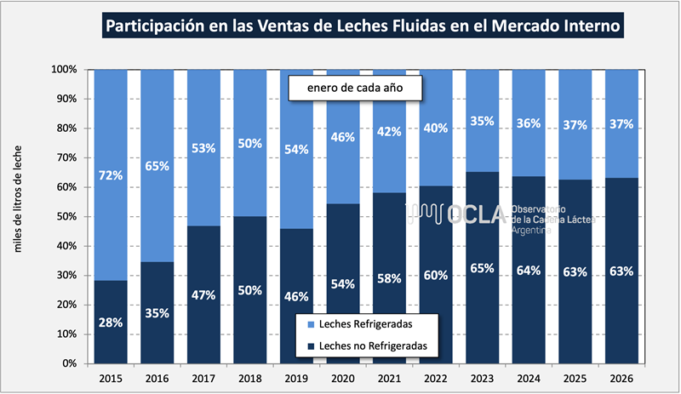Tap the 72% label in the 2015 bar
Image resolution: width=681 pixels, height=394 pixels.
[x=111, y=176]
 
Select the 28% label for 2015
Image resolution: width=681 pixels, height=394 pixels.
[x=111, y=323]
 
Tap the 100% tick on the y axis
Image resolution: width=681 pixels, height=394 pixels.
[x=66, y=69]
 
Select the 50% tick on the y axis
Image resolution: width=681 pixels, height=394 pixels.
[x=68, y=216]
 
